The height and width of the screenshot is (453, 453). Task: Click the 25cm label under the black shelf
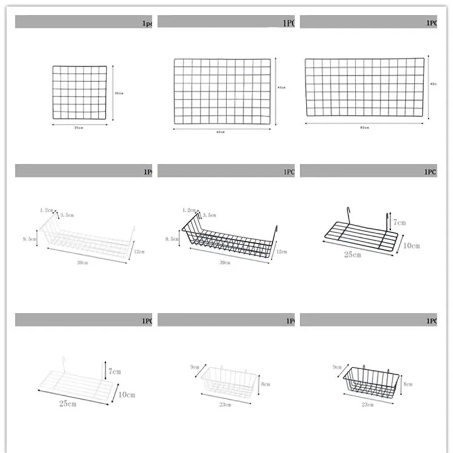click(x=352, y=255)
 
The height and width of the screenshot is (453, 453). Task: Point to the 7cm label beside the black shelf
click(x=400, y=223)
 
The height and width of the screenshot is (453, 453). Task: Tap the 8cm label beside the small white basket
click(x=266, y=383)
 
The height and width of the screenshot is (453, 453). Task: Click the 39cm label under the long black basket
click(x=225, y=263)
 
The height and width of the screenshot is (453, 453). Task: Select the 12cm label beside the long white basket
click(x=139, y=251)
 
